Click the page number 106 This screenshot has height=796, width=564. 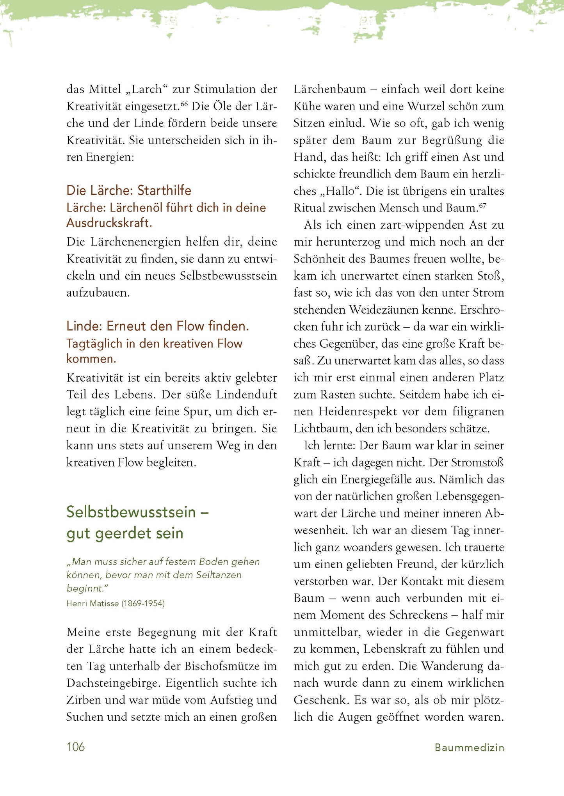click(76, 747)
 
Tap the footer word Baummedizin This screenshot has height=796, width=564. click(470, 748)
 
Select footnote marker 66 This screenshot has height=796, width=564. click(184, 103)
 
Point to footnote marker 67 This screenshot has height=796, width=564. click(483, 205)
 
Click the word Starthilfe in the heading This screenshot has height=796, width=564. click(164, 190)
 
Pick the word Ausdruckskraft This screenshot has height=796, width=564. click(109, 223)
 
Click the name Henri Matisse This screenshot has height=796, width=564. click(93, 604)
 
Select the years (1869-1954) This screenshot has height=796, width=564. click(143, 604)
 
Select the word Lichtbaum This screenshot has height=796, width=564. click(323, 428)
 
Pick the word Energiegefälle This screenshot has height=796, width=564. click(383, 479)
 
